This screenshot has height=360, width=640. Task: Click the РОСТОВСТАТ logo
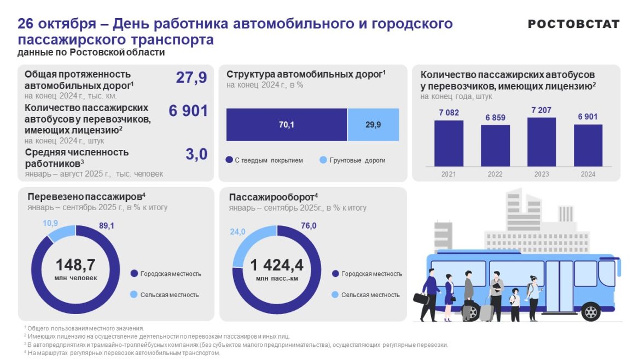coord(574,24)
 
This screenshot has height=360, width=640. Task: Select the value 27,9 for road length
coord(191,78)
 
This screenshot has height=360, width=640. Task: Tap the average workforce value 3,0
coord(196,155)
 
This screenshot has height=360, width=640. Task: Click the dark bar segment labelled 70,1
coord(287,125)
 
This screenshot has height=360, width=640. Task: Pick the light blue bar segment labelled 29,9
coord(373,125)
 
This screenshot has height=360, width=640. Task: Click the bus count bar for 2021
coord(449,143)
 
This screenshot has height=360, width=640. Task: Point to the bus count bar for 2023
coord(542,141)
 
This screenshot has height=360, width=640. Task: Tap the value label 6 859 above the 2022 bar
coord(495,118)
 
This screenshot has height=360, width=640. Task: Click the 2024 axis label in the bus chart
coord(588,174)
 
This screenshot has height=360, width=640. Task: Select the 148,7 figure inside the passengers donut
coord(75,265)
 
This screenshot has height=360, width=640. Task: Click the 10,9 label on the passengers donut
coord(50,224)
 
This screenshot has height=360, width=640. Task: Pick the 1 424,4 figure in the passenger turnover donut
coord(277,265)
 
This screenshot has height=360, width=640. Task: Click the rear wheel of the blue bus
coord(591,312)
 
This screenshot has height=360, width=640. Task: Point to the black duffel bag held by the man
coord(421,299)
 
